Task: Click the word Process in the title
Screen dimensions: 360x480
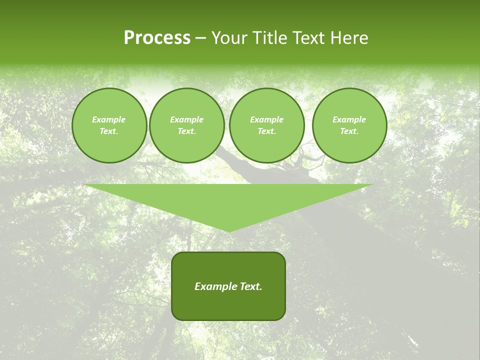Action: click(157, 38)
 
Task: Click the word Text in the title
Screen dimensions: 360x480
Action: click(308, 38)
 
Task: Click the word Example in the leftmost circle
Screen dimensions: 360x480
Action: click(109, 119)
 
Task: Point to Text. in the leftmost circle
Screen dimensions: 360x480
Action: click(109, 131)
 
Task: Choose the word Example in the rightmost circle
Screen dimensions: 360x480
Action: click(349, 119)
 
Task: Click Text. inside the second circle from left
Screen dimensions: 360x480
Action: click(186, 131)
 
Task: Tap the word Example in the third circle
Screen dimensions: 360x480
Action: click(266, 119)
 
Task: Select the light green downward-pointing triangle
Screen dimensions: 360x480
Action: click(228, 200)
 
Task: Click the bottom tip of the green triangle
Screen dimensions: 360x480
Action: click(228, 230)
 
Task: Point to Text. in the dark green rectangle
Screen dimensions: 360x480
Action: click(250, 286)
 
